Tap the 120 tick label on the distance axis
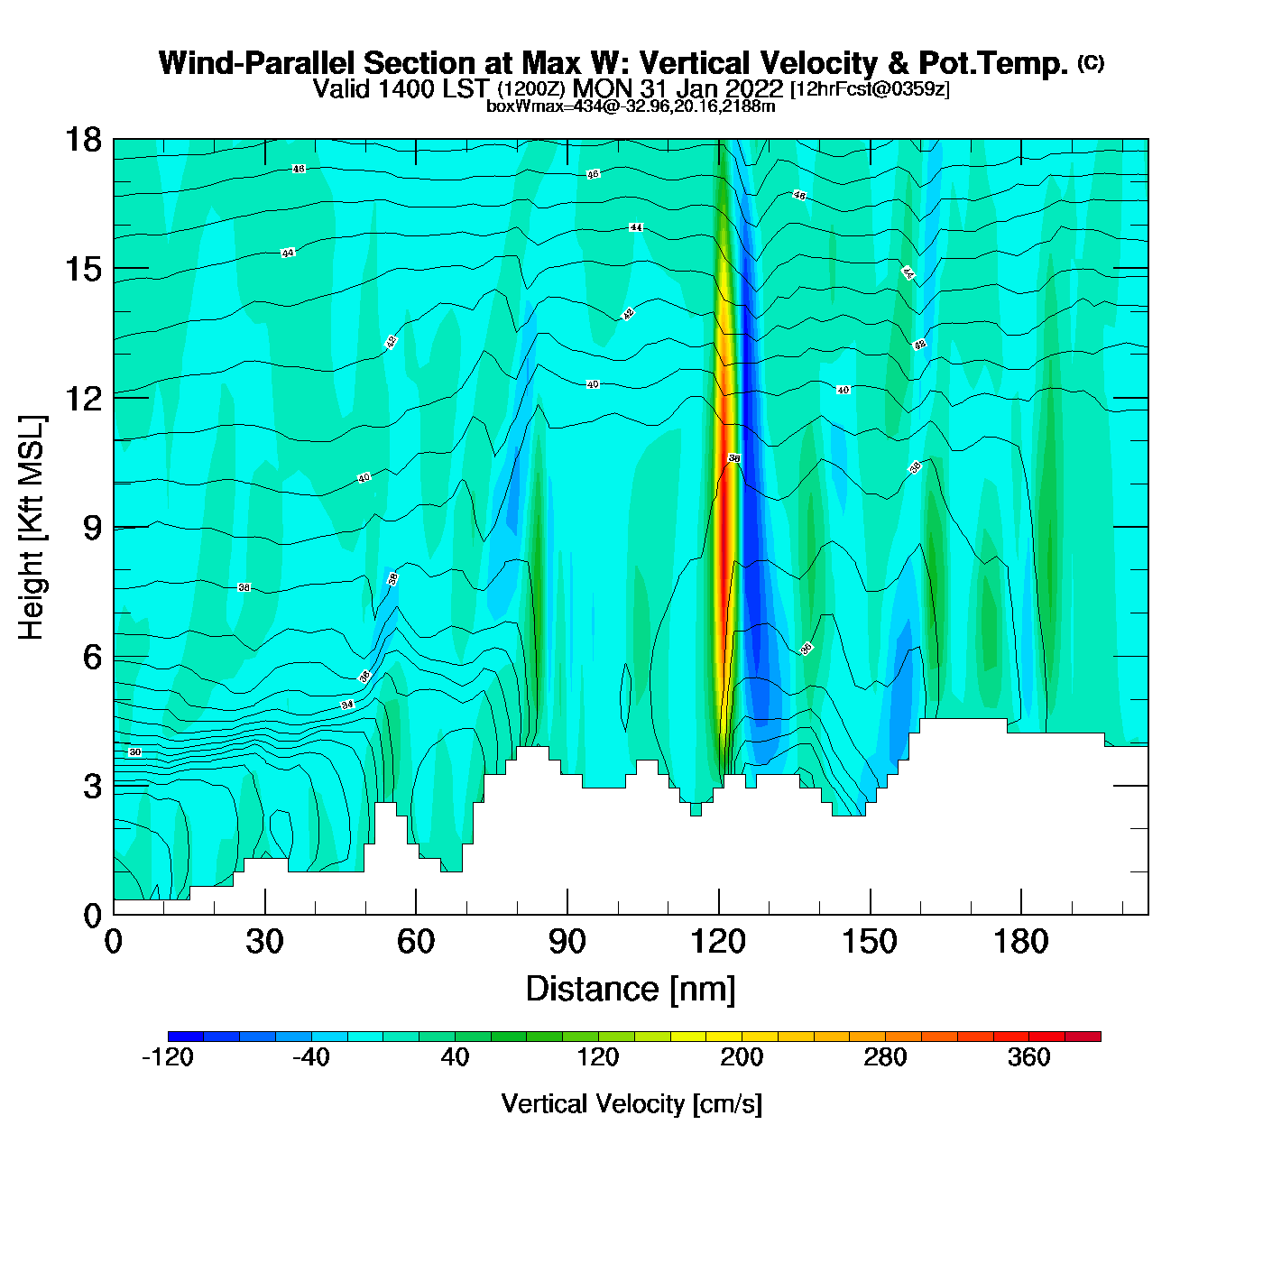pyautogui.click(x=718, y=943)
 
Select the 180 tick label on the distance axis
pyautogui.click(x=1021, y=943)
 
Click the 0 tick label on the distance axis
pyautogui.click(x=114, y=943)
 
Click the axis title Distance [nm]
pyautogui.click(x=631, y=990)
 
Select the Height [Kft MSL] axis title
pyautogui.click(x=32, y=528)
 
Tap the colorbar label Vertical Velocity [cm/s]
pyautogui.click(x=631, y=1103)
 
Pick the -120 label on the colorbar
pyautogui.click(x=168, y=1057)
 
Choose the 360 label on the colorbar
pyautogui.click(x=1028, y=1057)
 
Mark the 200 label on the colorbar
pyautogui.click(x=742, y=1057)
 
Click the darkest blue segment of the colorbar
pyautogui.click(x=186, y=1037)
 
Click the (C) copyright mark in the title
pyautogui.click(x=1091, y=62)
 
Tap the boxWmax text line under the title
pyautogui.click(x=631, y=106)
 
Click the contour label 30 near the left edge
pyautogui.click(x=135, y=751)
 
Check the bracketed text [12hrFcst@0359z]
pyautogui.click(x=870, y=89)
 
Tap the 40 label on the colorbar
pyautogui.click(x=455, y=1057)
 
